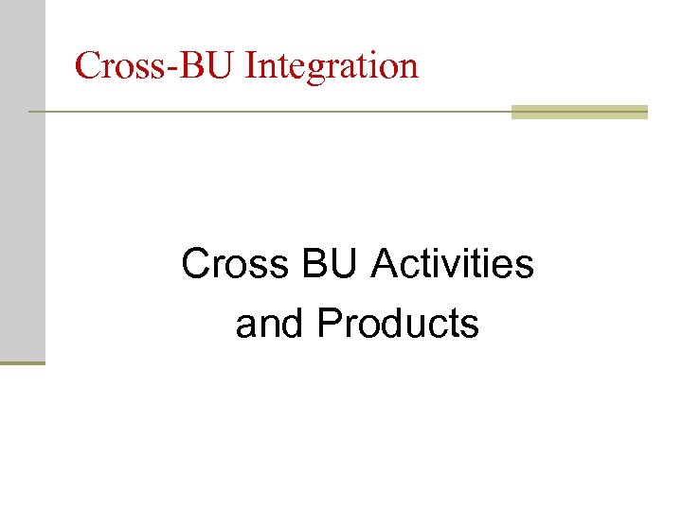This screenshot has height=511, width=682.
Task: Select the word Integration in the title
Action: (332, 66)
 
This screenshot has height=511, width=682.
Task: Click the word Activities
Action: (453, 264)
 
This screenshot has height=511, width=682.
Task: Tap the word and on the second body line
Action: (271, 324)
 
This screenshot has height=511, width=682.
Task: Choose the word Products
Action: (398, 324)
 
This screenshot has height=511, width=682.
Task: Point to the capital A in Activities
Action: (385, 264)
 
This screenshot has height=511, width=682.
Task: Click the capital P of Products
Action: (330, 324)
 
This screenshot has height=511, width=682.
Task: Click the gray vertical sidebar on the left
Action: (22, 180)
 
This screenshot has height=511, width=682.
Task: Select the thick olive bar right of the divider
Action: (579, 112)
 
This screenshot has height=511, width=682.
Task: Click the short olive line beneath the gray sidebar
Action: (22, 362)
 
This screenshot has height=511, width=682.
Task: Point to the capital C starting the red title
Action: (88, 66)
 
